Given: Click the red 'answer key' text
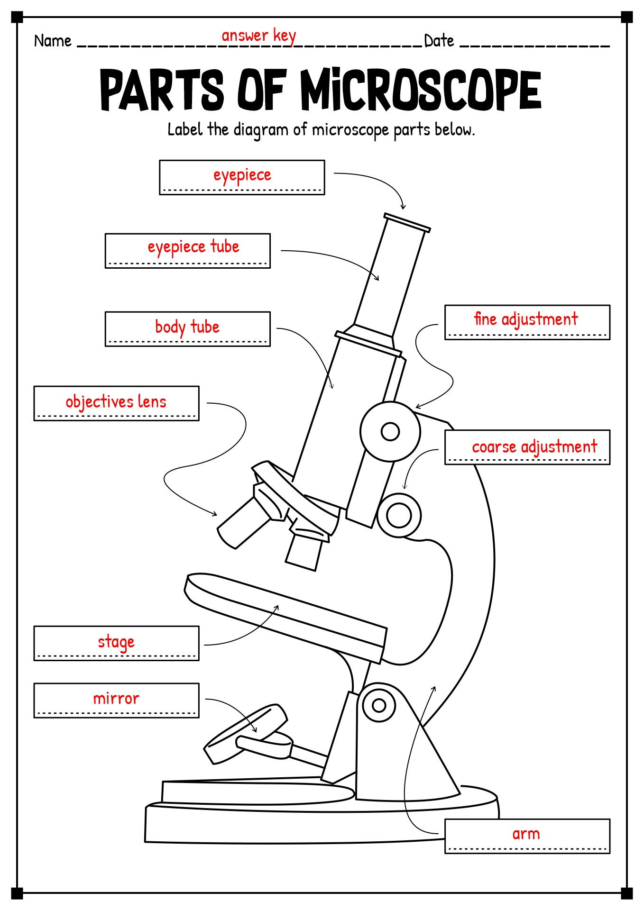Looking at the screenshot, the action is [258, 36].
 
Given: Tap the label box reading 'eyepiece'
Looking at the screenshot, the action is [242, 177].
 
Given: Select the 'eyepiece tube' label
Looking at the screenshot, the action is [187, 250].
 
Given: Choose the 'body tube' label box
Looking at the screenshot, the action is [187, 328].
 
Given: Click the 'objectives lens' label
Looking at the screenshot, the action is [116, 403].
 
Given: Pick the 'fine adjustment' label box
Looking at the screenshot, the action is [527, 322].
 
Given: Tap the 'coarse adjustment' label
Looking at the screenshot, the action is [527, 447].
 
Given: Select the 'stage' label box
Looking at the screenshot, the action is [116, 643].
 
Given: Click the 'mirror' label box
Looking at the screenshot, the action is [116, 700].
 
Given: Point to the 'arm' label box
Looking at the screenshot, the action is [527, 836].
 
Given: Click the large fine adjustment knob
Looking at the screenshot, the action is [390, 431].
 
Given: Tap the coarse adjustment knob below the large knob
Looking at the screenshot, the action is [399, 515].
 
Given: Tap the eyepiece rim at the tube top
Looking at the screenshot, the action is [407, 222].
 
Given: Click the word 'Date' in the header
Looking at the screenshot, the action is [439, 41].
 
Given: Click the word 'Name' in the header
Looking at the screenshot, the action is [53, 41].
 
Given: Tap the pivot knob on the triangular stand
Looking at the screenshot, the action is [378, 705].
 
